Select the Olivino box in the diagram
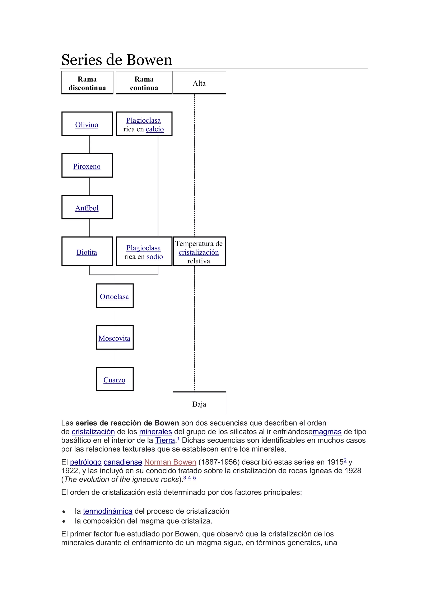point(87,124)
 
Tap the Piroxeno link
point(87,167)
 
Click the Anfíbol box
point(87,207)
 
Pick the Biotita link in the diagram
point(87,252)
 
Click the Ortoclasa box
point(115,296)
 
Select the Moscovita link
point(114,338)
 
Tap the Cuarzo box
point(115,379)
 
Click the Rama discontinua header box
point(87,83)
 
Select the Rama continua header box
point(144,83)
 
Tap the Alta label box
point(199,83)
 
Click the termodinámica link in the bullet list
point(108,511)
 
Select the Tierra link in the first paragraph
point(165,440)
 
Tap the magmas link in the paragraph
point(327,432)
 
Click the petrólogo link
point(86,462)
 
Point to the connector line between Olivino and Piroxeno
point(90,144)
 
